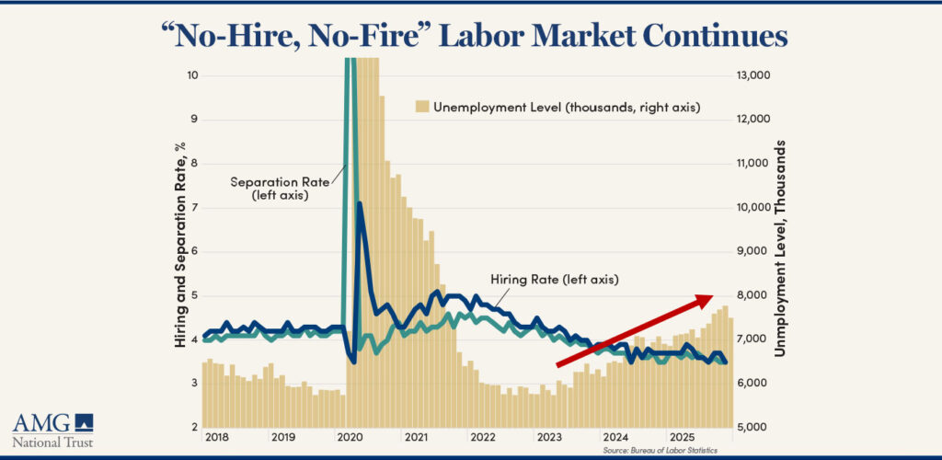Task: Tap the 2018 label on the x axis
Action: pyautogui.click(x=217, y=437)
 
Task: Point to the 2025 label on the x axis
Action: pyautogui.click(x=680, y=437)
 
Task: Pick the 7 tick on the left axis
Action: pyautogui.click(x=191, y=208)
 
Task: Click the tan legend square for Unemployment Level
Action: pyautogui.click(x=423, y=108)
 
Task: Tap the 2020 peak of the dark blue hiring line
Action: pyautogui.click(x=360, y=204)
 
